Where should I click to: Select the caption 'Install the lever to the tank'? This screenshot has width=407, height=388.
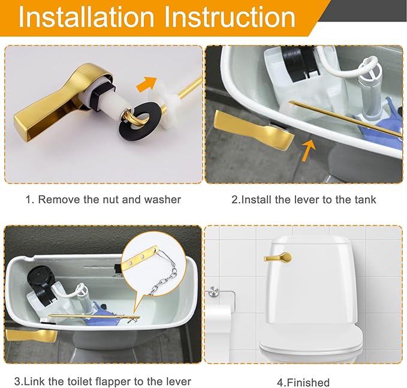point(304,200)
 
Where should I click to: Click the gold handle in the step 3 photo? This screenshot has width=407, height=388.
point(30,335)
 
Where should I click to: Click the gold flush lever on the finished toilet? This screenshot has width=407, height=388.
point(277,258)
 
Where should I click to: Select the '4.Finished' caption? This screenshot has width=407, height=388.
point(303,382)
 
